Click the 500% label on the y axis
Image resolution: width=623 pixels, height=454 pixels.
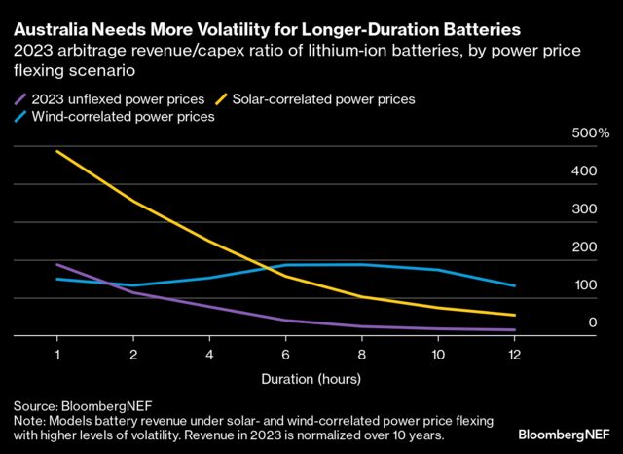click(590, 133)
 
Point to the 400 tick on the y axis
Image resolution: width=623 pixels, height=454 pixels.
click(583, 171)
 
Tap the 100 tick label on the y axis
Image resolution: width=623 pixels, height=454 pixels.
click(583, 285)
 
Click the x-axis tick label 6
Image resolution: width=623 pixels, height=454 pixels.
click(286, 353)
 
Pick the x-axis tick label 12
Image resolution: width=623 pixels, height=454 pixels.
click(514, 353)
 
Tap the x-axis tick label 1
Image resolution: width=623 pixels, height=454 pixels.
click(57, 353)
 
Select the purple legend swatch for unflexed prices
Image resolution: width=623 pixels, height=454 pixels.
click(21, 98)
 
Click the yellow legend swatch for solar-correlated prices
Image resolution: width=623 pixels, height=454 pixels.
click(221, 98)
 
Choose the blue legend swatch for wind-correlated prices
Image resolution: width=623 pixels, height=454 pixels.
click(21, 117)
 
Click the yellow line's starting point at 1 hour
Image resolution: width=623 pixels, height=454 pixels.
click(57, 152)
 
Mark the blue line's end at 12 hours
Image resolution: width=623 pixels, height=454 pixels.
click(514, 285)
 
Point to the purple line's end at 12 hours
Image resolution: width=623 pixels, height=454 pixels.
click(514, 330)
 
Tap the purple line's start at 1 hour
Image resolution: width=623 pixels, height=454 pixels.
click(57, 264)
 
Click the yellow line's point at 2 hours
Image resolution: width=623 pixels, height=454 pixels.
click(134, 202)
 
